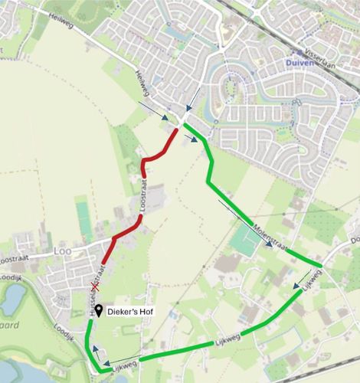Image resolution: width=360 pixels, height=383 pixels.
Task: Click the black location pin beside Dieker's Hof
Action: [x=100, y=313]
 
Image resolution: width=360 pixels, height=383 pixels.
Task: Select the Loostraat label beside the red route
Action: [x=145, y=197]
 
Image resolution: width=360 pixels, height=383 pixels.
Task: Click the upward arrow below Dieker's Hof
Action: [x=96, y=350]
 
